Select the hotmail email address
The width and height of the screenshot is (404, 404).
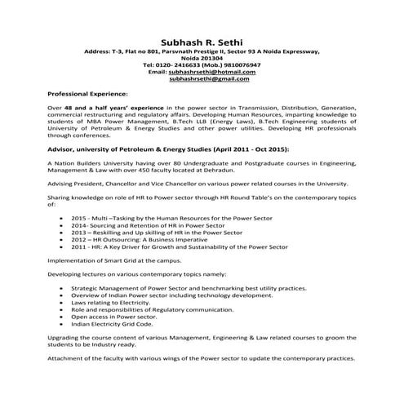click(212, 72)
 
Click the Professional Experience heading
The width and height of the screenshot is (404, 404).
click(87, 95)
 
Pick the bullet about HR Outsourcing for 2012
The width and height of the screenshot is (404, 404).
click(138, 240)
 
